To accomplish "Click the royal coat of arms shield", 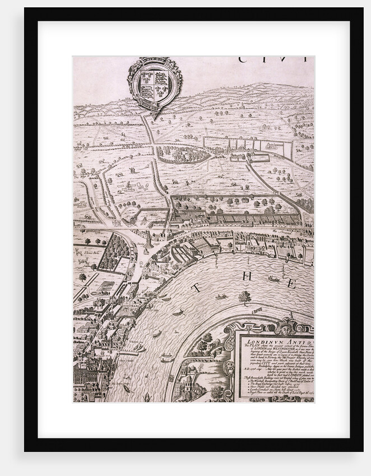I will pyautogui.click(x=155, y=82).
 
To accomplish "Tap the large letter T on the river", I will pyautogui.click(x=196, y=288).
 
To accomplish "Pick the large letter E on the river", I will pyautogui.click(x=291, y=283).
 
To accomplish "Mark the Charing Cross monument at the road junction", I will pyautogui.click(x=149, y=241).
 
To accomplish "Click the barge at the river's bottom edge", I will pyautogui.click(x=147, y=397).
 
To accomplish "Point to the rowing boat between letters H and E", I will pyautogui.click(x=273, y=279).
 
